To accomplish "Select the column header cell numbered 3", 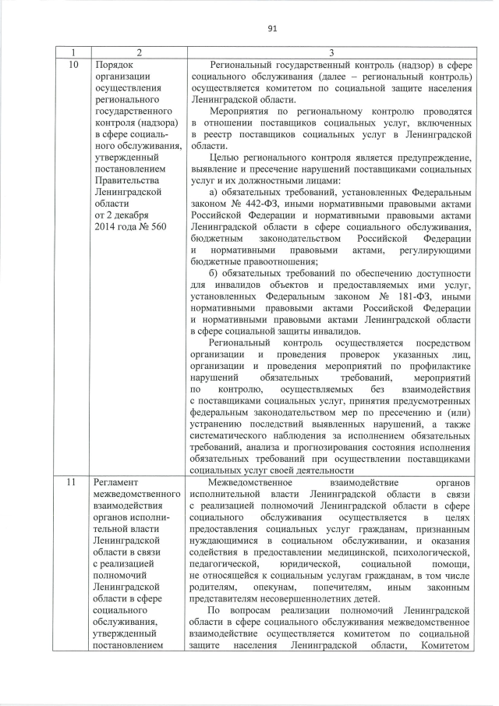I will [x=331, y=52].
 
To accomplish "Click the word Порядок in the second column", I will [x=112, y=65].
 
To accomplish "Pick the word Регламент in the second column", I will [x=117, y=483].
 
